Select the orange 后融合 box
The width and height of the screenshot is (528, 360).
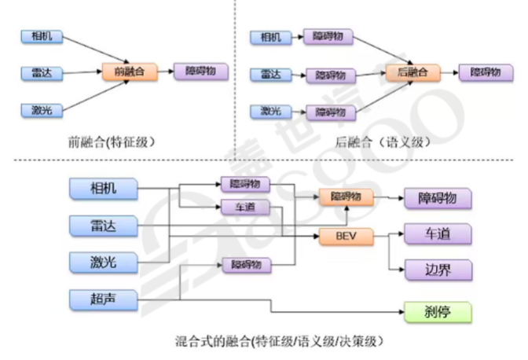pyautogui.click(x=412, y=72)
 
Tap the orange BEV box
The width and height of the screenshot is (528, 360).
pyautogui.click(x=346, y=235)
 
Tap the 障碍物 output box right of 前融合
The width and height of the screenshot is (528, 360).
pyautogui.click(x=201, y=72)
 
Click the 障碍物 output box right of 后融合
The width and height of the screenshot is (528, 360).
pyautogui.click(x=486, y=72)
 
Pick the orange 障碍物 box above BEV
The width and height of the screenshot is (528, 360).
pyautogui.click(x=346, y=197)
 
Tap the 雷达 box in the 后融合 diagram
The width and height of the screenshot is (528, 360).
pyautogui.click(x=270, y=75)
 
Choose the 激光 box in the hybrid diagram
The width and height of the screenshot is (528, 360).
pyautogui.click(x=104, y=263)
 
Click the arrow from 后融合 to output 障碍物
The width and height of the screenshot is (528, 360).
pyautogui.click(x=447, y=72)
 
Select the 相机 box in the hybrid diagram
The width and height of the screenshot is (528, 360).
pyautogui.click(x=104, y=189)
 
